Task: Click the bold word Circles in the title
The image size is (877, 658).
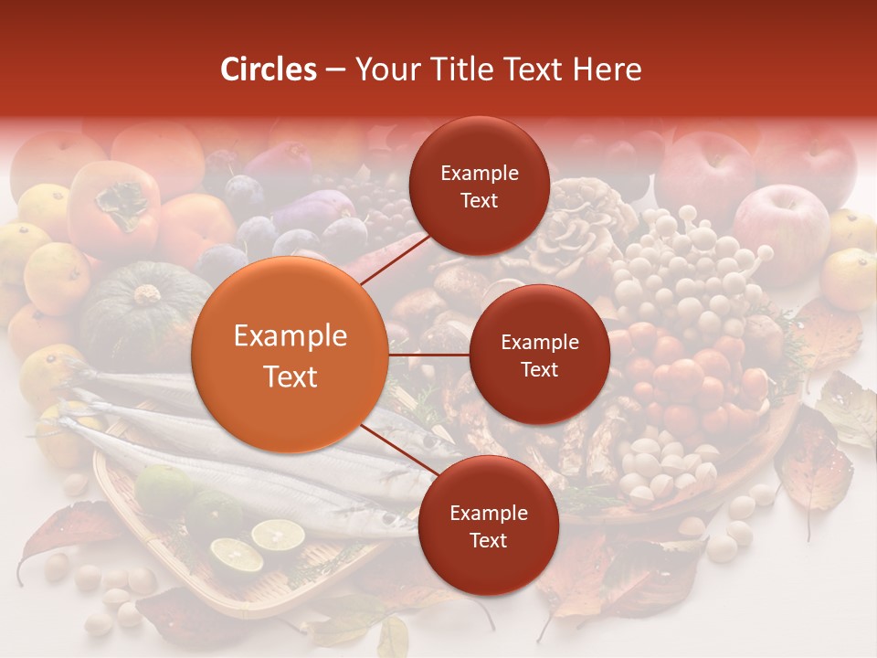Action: tap(269, 69)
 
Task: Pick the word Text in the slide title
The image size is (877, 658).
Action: tap(539, 69)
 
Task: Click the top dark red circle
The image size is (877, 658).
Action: tap(479, 186)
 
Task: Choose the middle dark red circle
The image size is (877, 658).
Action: tap(539, 356)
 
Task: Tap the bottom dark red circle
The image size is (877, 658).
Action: tap(488, 525)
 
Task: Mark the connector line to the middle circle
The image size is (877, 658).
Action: tap(428, 355)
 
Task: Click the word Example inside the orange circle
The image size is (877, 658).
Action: tap(291, 336)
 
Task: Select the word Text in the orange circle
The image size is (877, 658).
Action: tap(291, 377)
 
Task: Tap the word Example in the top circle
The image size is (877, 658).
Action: tap(480, 174)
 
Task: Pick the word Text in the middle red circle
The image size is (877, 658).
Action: tap(539, 370)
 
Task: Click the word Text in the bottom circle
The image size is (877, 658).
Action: tap(488, 540)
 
